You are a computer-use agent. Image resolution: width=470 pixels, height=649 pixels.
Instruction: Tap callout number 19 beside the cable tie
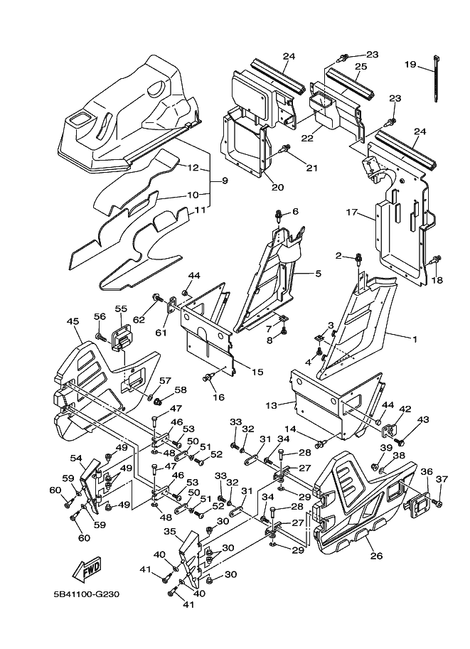tap(410, 65)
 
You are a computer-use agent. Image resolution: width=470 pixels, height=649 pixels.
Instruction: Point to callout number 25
tap(360, 66)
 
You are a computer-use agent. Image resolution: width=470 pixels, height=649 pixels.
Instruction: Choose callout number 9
tap(224, 181)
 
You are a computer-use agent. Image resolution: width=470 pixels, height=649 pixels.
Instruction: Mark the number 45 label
tap(73, 321)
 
